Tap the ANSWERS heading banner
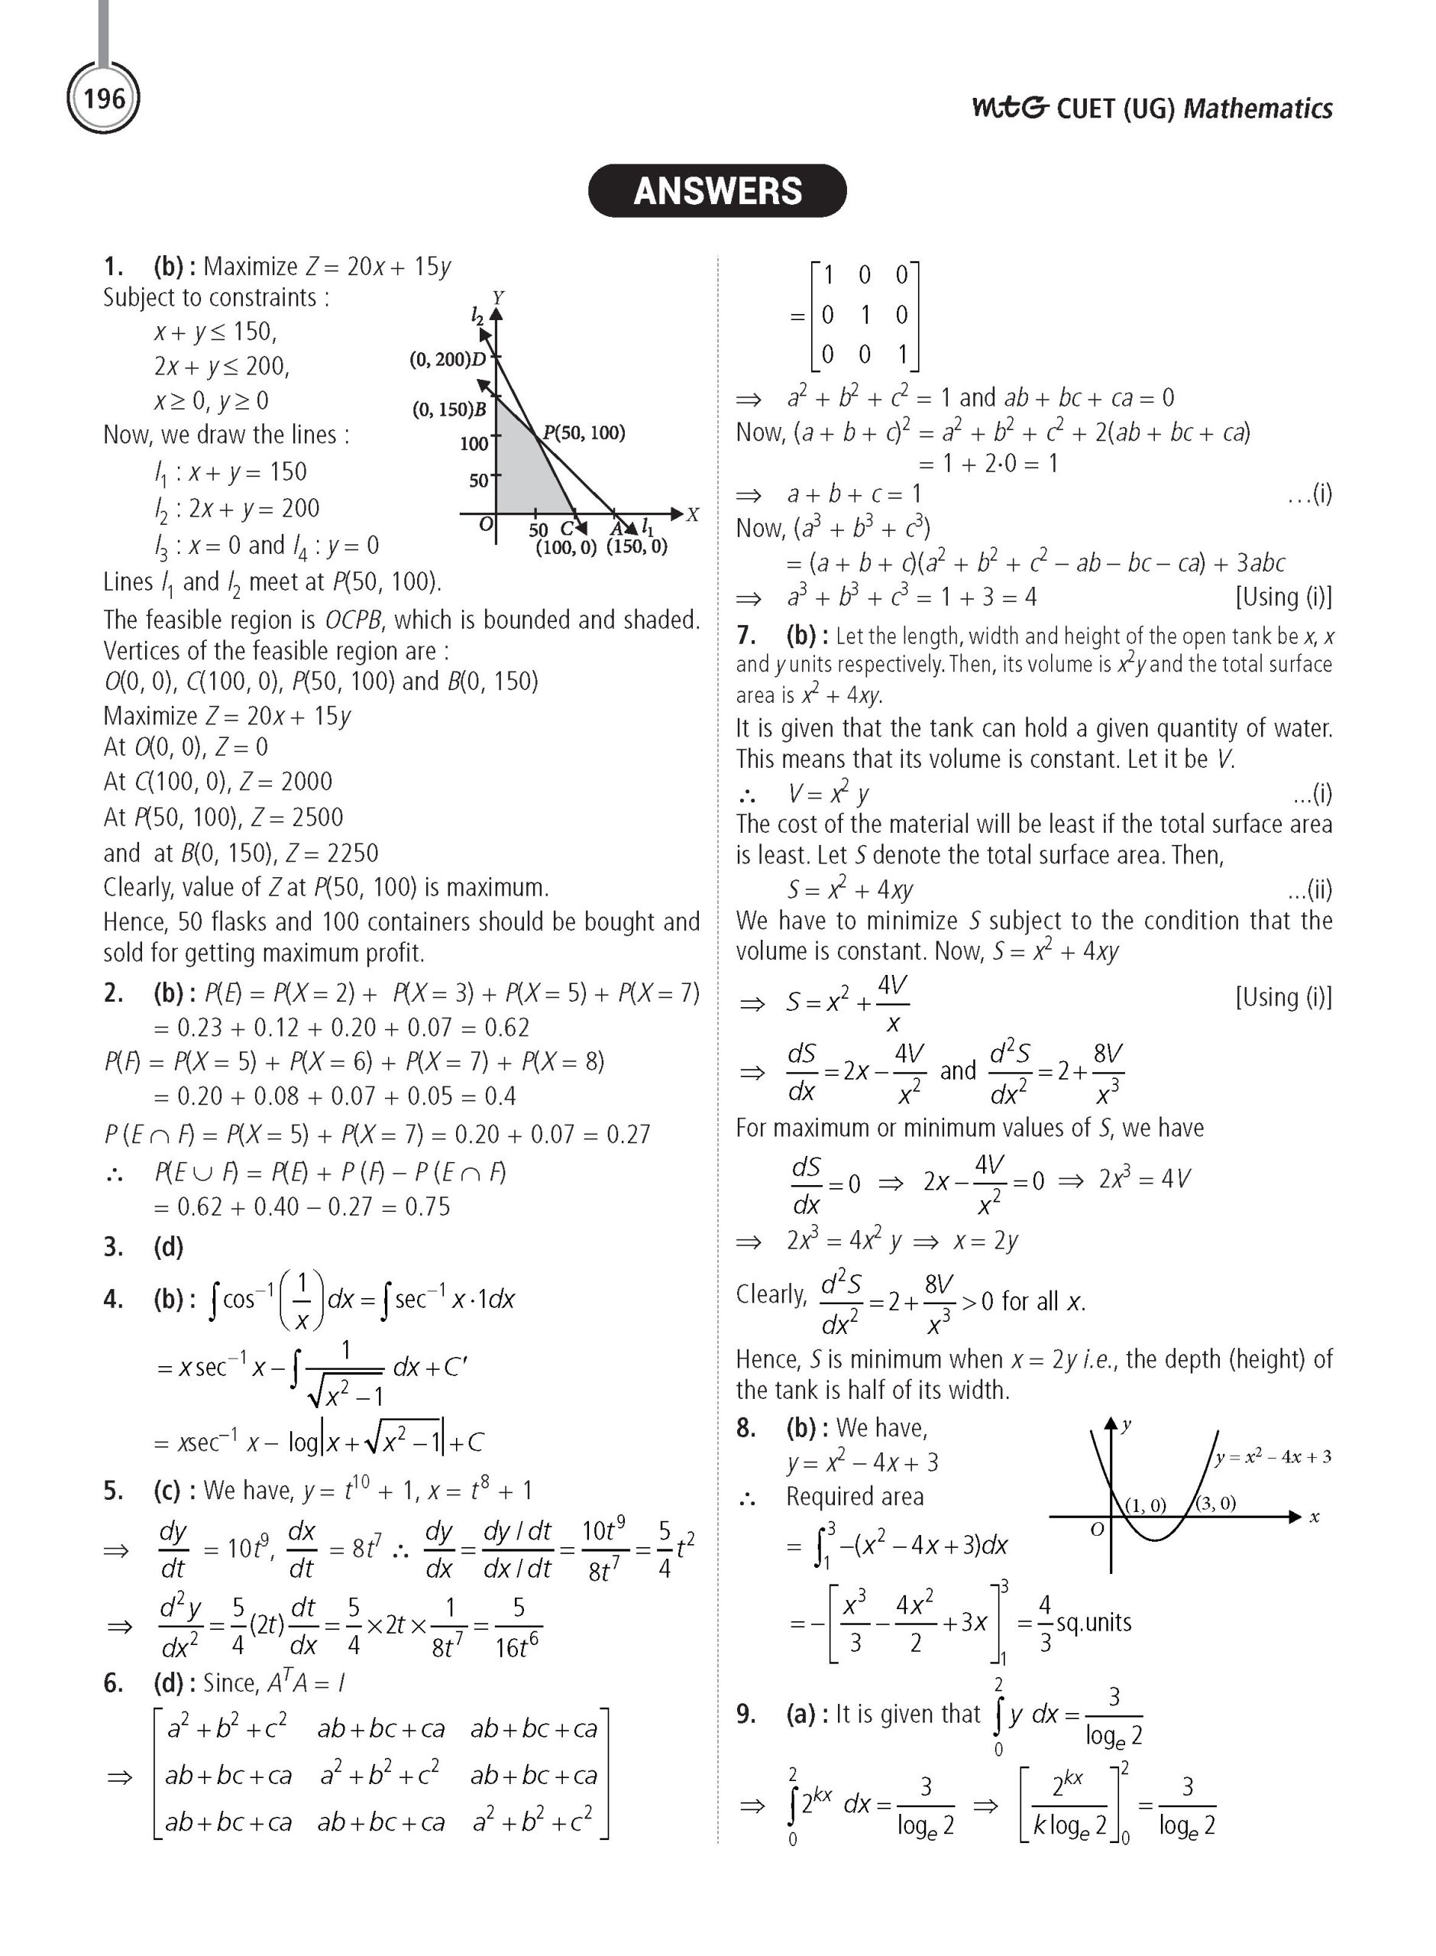coord(717,191)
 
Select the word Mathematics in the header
coord(1258,108)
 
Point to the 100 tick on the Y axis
coord(474,444)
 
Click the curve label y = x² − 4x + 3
coord(1273,1456)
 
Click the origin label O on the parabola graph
coord(1097,1528)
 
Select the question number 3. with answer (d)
coord(114,1248)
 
